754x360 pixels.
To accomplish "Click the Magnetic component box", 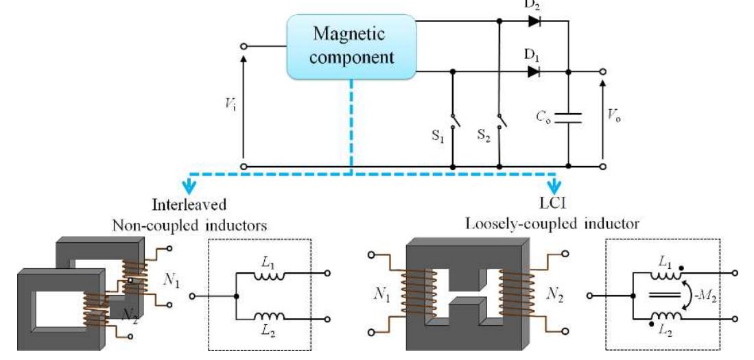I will click(x=352, y=47).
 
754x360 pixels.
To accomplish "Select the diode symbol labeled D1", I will click(x=533, y=71).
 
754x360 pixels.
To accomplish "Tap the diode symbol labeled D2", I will click(x=533, y=21).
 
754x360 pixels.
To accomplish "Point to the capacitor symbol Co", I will click(x=569, y=119).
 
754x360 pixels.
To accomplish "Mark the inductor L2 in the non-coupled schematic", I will click(x=265, y=317).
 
